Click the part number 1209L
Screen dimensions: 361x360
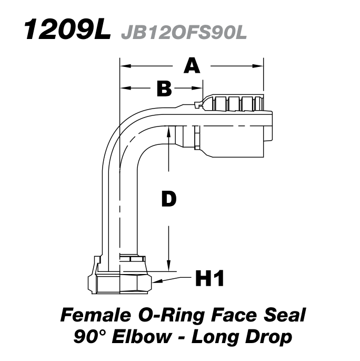(x=66, y=31)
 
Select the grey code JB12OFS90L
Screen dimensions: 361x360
(x=184, y=32)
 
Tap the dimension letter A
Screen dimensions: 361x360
(x=193, y=66)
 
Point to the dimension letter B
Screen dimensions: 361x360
(x=164, y=89)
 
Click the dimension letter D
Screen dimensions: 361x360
(x=168, y=199)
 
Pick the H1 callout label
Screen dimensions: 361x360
(x=209, y=278)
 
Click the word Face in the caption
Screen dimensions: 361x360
(x=231, y=315)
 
